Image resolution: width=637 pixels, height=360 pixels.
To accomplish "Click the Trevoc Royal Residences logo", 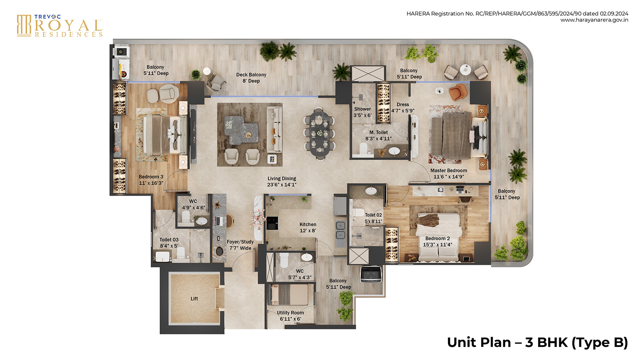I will tap(59, 25).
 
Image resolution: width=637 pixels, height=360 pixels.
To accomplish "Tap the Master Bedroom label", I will tap(448, 171).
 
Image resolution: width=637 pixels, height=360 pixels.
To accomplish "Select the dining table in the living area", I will tap(319, 133).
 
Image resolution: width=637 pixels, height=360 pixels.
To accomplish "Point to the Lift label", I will tap(194, 299).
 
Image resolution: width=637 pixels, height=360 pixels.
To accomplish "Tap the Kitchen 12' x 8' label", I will tap(307, 228).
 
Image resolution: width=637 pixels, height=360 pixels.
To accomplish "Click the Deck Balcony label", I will tap(251, 78).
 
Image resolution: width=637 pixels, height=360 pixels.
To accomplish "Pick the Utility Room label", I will tap(290, 316).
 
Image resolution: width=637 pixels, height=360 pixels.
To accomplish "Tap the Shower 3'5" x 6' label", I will tap(362, 112).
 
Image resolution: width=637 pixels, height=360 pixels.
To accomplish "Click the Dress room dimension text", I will tap(403, 111).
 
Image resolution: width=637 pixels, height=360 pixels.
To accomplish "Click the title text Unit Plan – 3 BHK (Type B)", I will tap(537, 342).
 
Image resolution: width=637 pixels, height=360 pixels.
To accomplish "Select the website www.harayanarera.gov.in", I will tap(594, 20).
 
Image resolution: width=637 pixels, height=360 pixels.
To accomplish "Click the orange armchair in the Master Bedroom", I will tap(457, 92).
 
